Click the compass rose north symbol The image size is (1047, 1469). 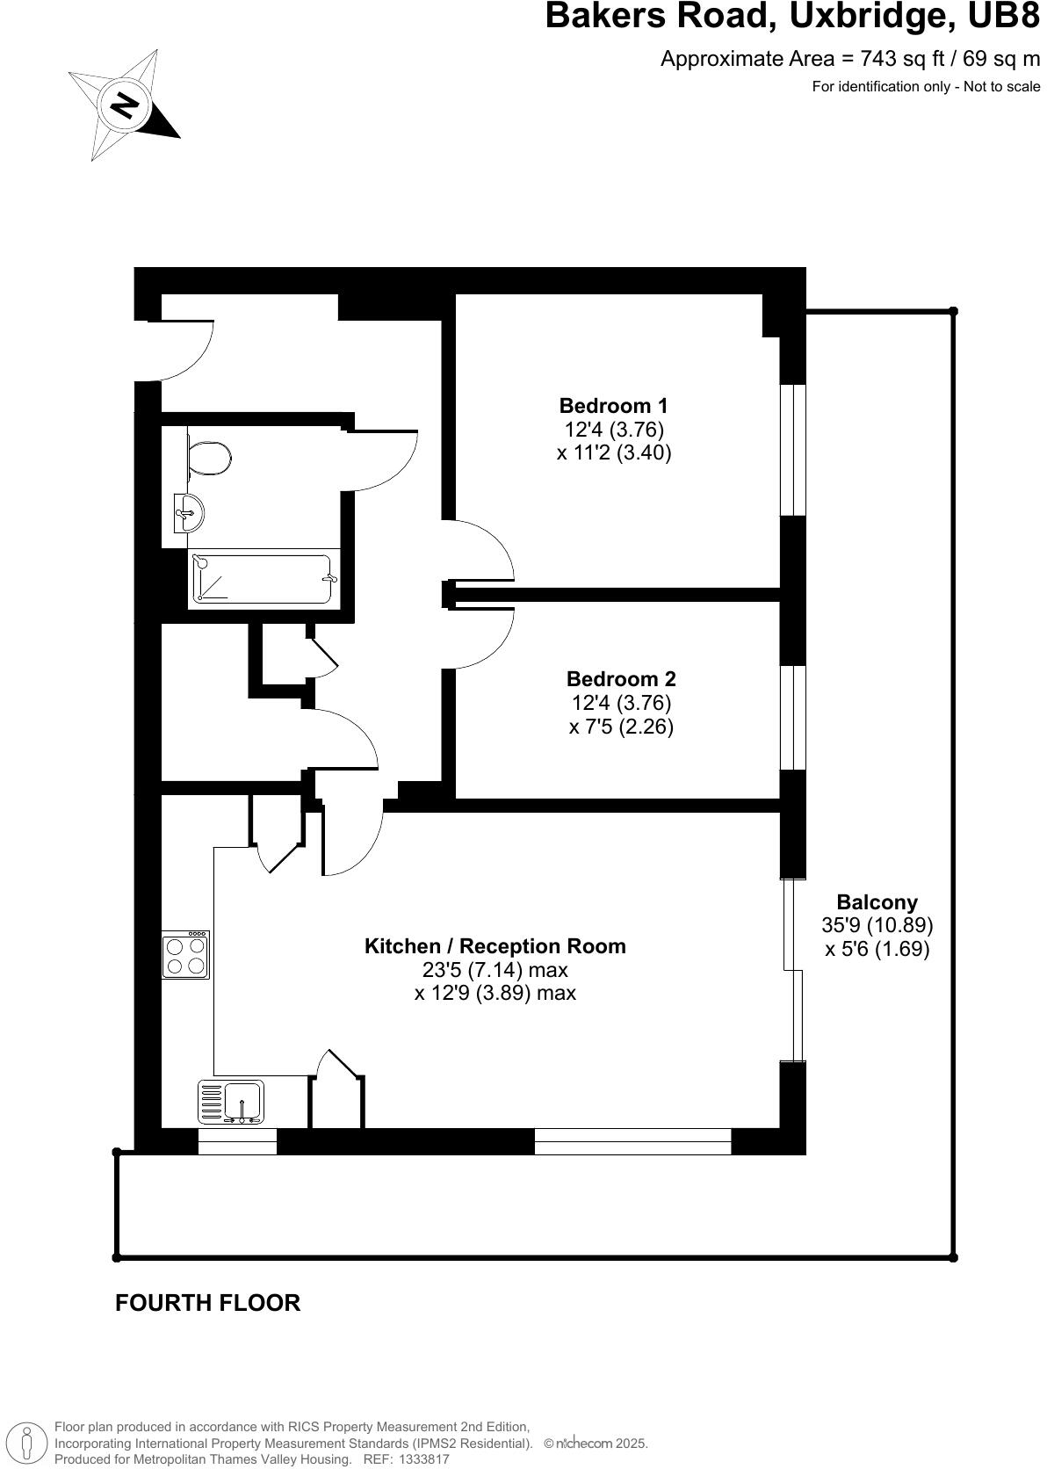[124, 106]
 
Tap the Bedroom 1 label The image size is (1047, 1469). [613, 406]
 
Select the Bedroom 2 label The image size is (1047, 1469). [620, 679]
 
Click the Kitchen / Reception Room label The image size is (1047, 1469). [495, 946]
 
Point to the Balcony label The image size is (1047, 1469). [877, 902]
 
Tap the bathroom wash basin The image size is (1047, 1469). [189, 512]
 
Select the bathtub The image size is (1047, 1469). [264, 578]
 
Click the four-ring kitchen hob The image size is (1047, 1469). [185, 955]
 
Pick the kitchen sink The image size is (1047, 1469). [242, 1102]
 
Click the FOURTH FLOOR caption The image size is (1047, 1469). [207, 1303]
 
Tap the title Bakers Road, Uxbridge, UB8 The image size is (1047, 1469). [791, 17]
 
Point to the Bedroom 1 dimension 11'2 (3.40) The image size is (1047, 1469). [613, 453]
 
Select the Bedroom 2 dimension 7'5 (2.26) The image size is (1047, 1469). [620, 727]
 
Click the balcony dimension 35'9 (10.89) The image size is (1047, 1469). [877, 925]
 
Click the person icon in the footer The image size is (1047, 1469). [26, 1443]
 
